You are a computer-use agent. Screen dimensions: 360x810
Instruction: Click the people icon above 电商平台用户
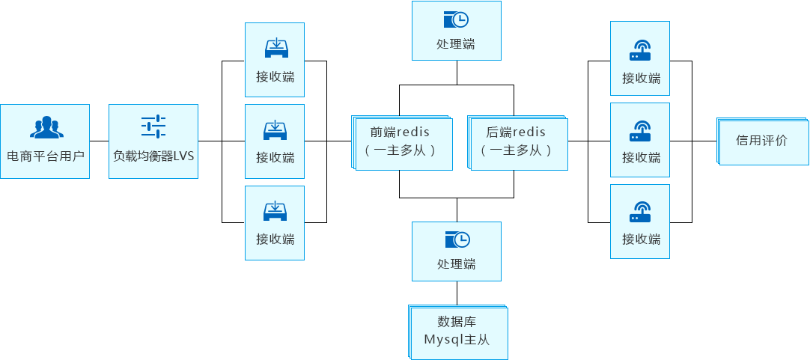click(46, 128)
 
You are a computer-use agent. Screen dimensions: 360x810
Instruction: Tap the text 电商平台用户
click(46, 157)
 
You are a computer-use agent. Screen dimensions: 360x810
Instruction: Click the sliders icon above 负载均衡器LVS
click(153, 126)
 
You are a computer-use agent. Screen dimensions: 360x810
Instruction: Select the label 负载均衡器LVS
click(153, 157)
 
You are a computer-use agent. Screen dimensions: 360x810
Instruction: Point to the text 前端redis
click(400, 132)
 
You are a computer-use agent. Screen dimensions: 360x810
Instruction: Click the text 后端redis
click(516, 132)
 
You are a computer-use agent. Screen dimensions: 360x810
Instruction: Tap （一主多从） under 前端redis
click(400, 150)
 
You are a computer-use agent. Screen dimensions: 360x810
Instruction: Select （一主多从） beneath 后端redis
click(516, 150)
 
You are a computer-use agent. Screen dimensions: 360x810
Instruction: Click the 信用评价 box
click(761, 141)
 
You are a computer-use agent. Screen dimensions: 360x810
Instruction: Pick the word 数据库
click(457, 323)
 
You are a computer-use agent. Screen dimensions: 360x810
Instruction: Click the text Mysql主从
click(457, 339)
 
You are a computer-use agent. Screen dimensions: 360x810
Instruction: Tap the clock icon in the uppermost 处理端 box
click(456, 20)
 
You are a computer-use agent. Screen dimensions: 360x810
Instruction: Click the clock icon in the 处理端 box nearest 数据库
click(456, 240)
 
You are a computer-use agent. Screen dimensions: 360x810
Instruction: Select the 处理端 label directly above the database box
click(456, 264)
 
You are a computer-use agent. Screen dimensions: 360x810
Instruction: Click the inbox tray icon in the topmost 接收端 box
click(275, 48)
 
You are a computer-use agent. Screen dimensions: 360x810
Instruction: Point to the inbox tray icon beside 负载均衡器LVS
click(275, 130)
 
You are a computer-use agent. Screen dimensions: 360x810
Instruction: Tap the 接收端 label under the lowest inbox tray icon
click(275, 240)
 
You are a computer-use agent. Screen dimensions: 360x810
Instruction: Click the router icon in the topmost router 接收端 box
click(641, 50)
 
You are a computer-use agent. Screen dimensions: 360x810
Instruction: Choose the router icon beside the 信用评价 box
click(641, 132)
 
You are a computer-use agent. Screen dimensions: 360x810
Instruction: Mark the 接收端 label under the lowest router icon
click(641, 240)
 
